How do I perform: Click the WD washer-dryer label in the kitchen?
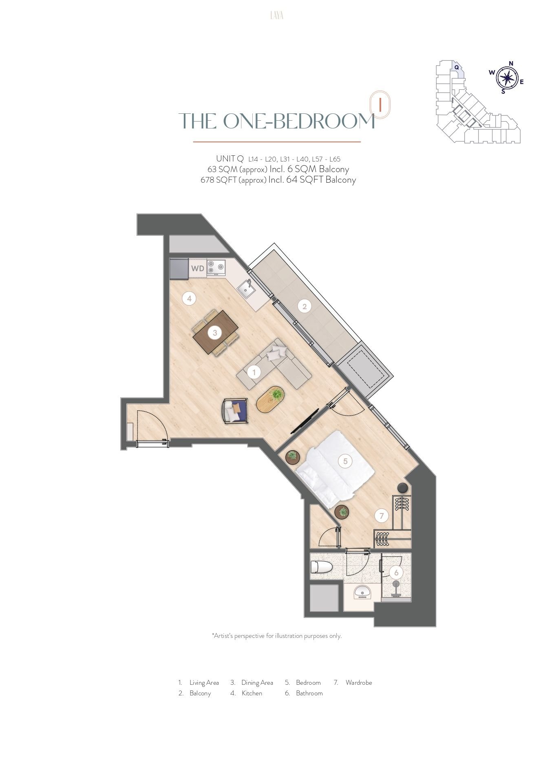[x=198, y=269]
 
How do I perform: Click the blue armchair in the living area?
[x=235, y=411]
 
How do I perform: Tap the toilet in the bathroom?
[x=321, y=567]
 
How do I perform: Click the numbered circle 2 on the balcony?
[x=304, y=306]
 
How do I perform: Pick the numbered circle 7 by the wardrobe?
[x=382, y=516]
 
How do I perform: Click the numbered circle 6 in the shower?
[x=396, y=572]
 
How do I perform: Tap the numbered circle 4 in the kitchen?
[x=189, y=299]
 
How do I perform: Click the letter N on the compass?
[x=511, y=63]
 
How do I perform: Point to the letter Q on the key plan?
[x=457, y=67]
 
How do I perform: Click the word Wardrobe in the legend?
[x=359, y=682]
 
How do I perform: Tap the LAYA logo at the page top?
[x=277, y=15]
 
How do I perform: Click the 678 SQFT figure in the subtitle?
[x=219, y=180]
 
